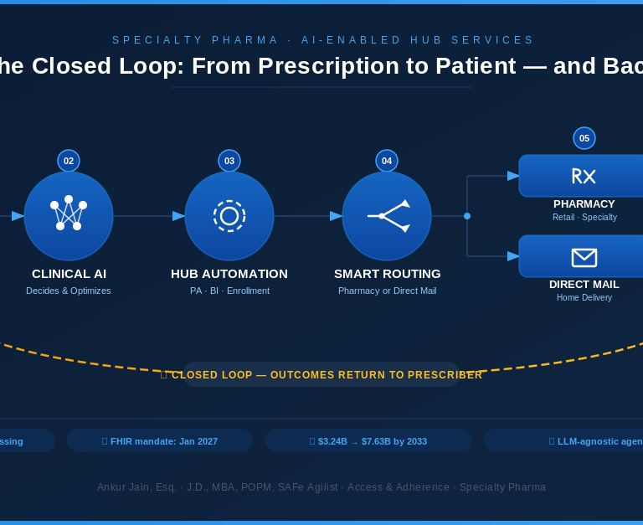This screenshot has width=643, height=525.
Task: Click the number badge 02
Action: pyautogui.click(x=69, y=161)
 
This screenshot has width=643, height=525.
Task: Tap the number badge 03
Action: pyautogui.click(x=229, y=161)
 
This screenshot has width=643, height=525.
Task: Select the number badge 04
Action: pyautogui.click(x=387, y=161)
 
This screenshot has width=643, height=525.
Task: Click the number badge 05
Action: pyautogui.click(x=584, y=138)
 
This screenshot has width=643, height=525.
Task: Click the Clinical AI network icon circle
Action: pyautogui.click(x=69, y=216)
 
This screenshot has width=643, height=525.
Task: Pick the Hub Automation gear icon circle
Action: pyautogui.click(x=229, y=216)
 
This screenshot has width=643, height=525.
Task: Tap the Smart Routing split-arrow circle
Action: pyautogui.click(x=387, y=216)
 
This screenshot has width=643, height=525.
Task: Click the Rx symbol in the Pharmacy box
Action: pyautogui.click(x=584, y=176)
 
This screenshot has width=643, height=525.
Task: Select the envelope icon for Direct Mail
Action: pyautogui.click(x=584, y=257)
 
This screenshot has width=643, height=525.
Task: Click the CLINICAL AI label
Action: pyautogui.click(x=69, y=274)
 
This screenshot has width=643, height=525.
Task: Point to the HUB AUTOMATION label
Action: pyautogui.click(x=229, y=274)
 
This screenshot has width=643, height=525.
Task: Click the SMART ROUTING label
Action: pyautogui.click(x=387, y=274)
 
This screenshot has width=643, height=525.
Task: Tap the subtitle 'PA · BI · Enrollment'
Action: pyautogui.click(x=229, y=291)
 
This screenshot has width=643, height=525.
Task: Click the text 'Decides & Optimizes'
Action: pyautogui.click(x=69, y=291)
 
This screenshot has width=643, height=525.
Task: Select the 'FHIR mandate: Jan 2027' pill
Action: pyautogui.click(x=160, y=440)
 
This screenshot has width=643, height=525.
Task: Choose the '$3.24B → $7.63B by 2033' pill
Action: pyautogui.click(x=368, y=440)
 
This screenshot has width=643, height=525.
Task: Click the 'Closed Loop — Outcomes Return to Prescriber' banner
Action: pyautogui.click(x=322, y=374)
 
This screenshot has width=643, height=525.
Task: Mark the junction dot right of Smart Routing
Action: pyautogui.click(x=467, y=216)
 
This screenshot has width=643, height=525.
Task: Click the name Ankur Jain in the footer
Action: pyautogui.click(x=123, y=487)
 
